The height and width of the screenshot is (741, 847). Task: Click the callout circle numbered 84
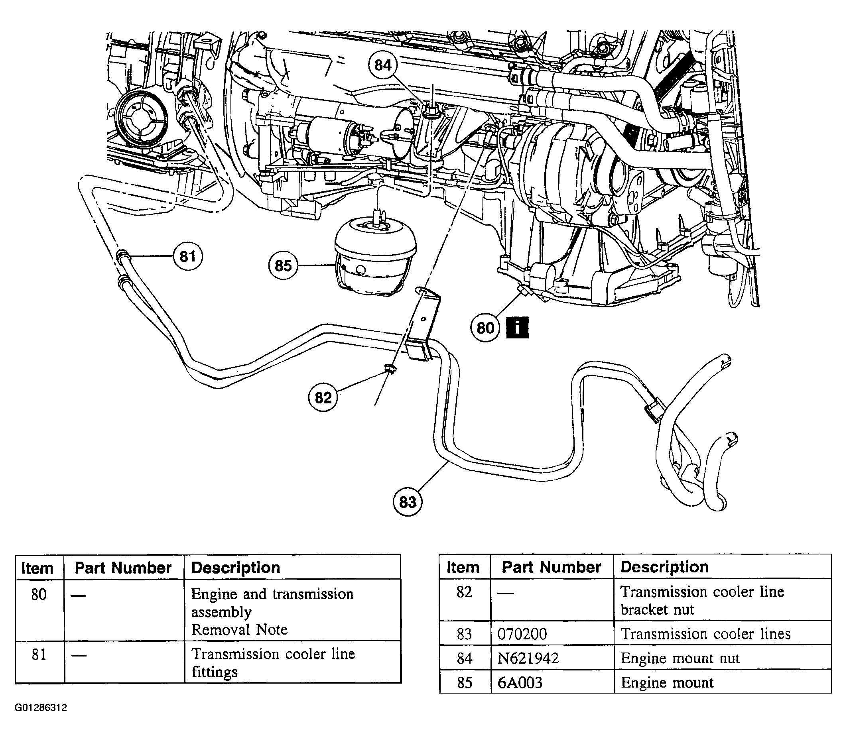tap(383, 65)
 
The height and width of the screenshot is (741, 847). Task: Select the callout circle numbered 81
tap(188, 256)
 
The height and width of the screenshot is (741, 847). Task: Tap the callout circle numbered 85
tap(283, 265)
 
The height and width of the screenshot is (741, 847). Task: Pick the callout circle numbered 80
tap(486, 328)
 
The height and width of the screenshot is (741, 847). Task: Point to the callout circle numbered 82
tap(323, 398)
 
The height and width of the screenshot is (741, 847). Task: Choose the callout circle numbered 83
tap(408, 502)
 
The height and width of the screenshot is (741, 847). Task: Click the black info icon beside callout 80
tap(517, 328)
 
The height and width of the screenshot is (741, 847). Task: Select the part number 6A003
tap(520, 682)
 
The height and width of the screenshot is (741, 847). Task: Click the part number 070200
tap(522, 634)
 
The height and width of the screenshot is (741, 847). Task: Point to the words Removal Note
tap(239, 630)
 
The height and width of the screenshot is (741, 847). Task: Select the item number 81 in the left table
tap(39, 655)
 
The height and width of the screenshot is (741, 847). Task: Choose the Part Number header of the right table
tap(551, 567)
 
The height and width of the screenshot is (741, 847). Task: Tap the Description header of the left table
tap(236, 568)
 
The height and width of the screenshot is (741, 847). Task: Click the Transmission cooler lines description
tap(705, 634)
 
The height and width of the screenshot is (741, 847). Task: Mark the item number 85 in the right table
tap(465, 682)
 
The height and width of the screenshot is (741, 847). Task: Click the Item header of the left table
tap(37, 568)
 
